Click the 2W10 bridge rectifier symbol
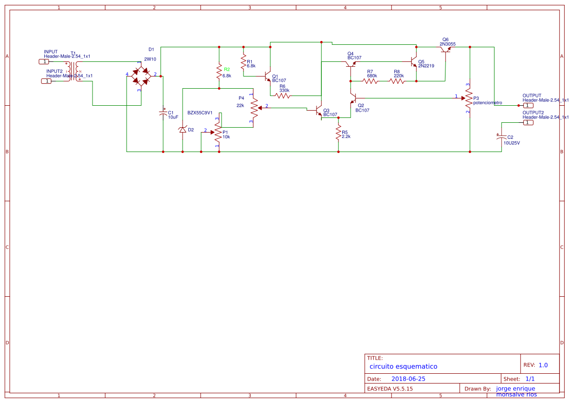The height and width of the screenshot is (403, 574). (x=141, y=76)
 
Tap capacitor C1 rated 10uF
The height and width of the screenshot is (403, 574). (x=163, y=113)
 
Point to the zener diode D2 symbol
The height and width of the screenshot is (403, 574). (x=183, y=130)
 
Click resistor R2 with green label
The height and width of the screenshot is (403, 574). (x=219, y=73)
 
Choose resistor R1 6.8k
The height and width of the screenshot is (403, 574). (x=243, y=62)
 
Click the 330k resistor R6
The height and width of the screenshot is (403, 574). (x=284, y=96)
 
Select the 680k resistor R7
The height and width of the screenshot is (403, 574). (x=370, y=81)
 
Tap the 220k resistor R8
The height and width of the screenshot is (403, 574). (x=397, y=81)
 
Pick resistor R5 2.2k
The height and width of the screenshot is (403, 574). (x=338, y=133)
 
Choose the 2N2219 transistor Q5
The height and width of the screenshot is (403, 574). (x=414, y=64)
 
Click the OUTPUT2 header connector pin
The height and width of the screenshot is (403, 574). (x=528, y=123)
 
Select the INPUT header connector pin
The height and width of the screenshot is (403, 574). (x=44, y=62)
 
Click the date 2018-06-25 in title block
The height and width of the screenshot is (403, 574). (x=408, y=379)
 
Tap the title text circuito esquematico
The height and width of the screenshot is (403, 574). (x=403, y=366)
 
